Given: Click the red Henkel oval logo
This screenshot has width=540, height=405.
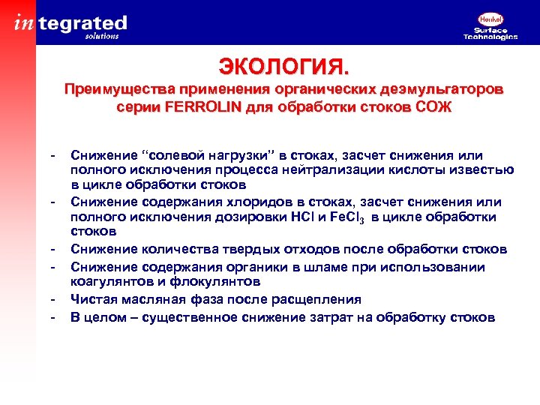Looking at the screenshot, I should coord(490,20).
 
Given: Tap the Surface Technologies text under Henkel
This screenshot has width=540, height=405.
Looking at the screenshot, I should coord(490,34).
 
